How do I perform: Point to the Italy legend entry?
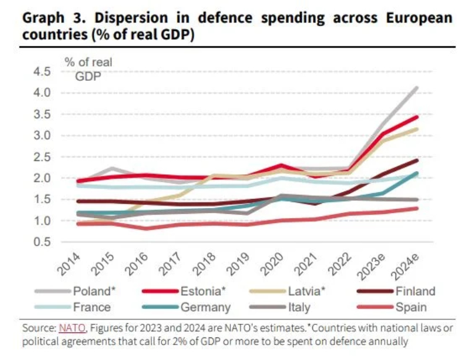[x=291, y=307]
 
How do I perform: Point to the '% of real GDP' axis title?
[x=88, y=68]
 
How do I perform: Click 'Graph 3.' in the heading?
[x=47, y=17]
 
